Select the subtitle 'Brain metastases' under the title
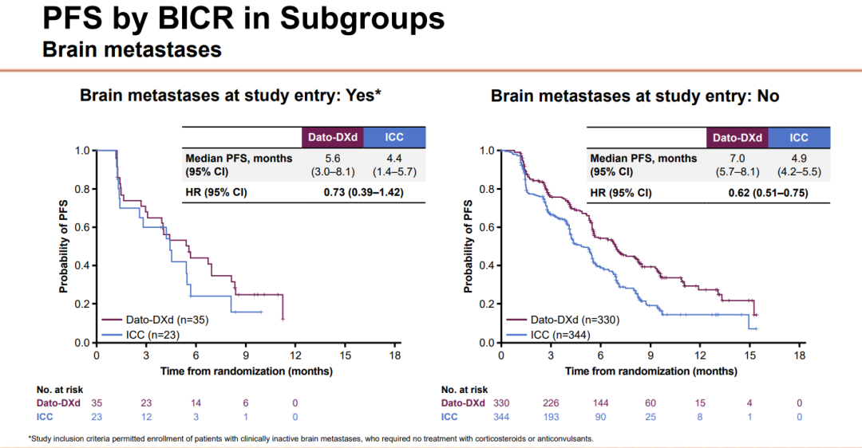click(131, 50)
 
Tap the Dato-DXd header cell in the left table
click(332, 137)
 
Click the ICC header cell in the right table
click(799, 137)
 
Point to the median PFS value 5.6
click(332, 158)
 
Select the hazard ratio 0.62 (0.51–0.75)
click(768, 193)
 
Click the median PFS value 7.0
click(737, 158)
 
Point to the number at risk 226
click(551, 403)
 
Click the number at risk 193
click(551, 416)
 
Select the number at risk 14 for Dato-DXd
click(196, 403)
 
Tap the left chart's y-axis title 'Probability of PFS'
click(62, 246)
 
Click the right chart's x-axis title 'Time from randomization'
click(650, 371)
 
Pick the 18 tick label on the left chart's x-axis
click(394, 356)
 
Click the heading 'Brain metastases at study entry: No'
click(635, 96)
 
